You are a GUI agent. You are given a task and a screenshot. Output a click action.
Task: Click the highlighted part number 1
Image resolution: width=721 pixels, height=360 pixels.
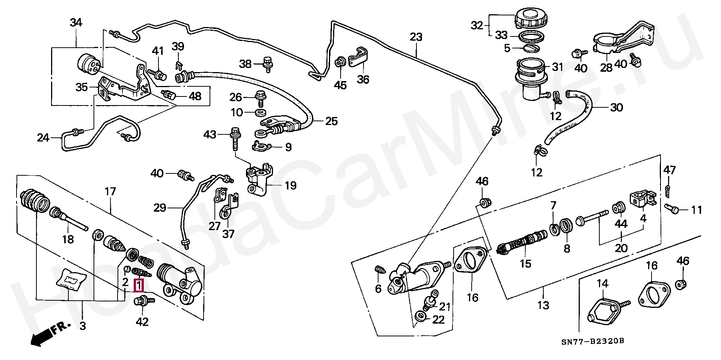click(139, 286)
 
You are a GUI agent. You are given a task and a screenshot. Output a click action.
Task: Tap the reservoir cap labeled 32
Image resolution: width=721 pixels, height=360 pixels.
click(529, 18)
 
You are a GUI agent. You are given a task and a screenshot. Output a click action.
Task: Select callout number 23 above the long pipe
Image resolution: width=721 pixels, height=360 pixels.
click(416, 37)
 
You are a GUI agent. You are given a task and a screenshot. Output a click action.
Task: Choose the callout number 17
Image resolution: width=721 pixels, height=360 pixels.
click(110, 191)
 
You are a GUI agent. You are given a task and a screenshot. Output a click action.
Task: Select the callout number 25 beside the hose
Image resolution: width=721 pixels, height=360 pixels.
click(331, 121)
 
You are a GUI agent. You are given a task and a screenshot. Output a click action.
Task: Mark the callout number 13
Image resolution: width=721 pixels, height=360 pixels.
click(543, 305)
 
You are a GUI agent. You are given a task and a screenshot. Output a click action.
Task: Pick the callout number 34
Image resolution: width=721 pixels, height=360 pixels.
click(76, 23)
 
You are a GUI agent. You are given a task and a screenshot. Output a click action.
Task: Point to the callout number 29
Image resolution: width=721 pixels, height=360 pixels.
click(160, 207)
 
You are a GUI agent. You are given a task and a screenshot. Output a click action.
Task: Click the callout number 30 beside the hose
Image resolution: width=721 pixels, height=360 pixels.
click(616, 108)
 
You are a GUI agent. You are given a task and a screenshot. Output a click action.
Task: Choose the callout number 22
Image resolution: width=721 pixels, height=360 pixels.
click(438, 319)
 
